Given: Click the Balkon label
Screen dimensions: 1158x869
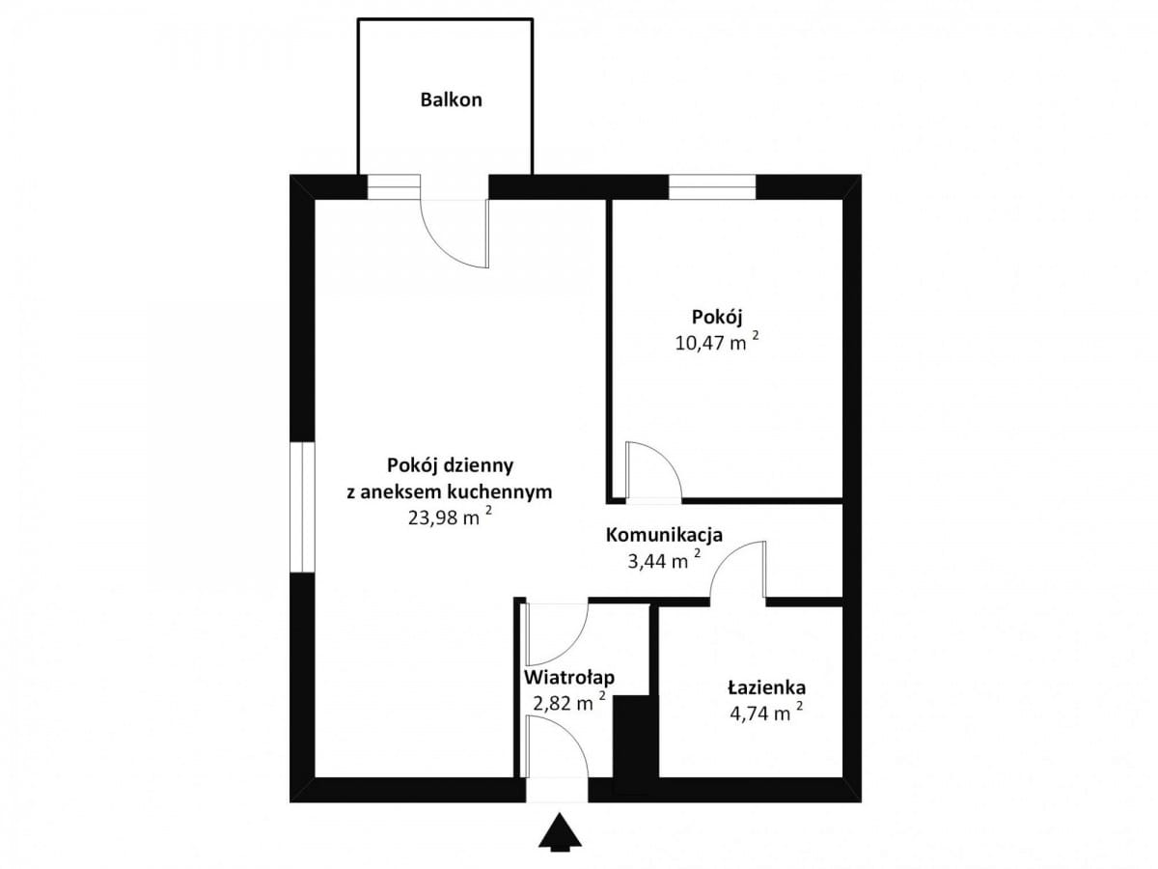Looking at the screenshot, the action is click(451, 99).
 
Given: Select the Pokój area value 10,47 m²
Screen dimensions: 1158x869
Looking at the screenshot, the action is click(717, 342).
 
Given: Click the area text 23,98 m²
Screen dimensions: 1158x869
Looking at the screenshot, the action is click(450, 518).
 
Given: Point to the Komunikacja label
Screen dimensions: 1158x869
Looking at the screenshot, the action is click(664, 535).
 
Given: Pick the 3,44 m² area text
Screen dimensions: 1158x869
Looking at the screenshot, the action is click(664, 561).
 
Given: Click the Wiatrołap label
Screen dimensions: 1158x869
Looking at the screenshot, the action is click(569, 678).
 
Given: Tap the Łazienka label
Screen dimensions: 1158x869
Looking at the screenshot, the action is click(767, 688).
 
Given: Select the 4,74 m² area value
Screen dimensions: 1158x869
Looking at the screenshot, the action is click(766, 714).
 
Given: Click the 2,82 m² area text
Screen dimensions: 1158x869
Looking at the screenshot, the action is click(569, 703).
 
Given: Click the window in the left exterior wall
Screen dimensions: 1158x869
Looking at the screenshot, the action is click(302, 507).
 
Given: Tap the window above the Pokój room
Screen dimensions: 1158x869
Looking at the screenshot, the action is click(712, 187).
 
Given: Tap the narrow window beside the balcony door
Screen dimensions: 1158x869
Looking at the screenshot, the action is click(394, 187).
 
